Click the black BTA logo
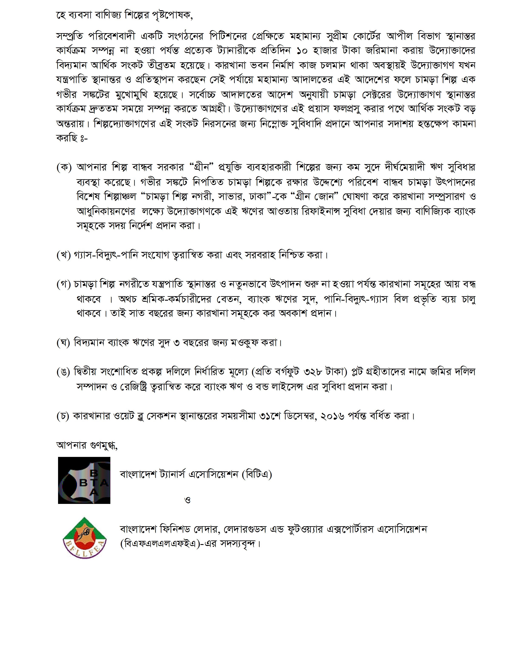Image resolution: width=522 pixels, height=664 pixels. point(84,480)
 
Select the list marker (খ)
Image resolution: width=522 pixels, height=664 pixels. point(64,255)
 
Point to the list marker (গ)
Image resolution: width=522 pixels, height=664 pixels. point(64,284)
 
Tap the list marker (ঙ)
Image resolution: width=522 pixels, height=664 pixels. point(64,372)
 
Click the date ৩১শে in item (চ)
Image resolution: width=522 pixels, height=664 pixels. point(270,416)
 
